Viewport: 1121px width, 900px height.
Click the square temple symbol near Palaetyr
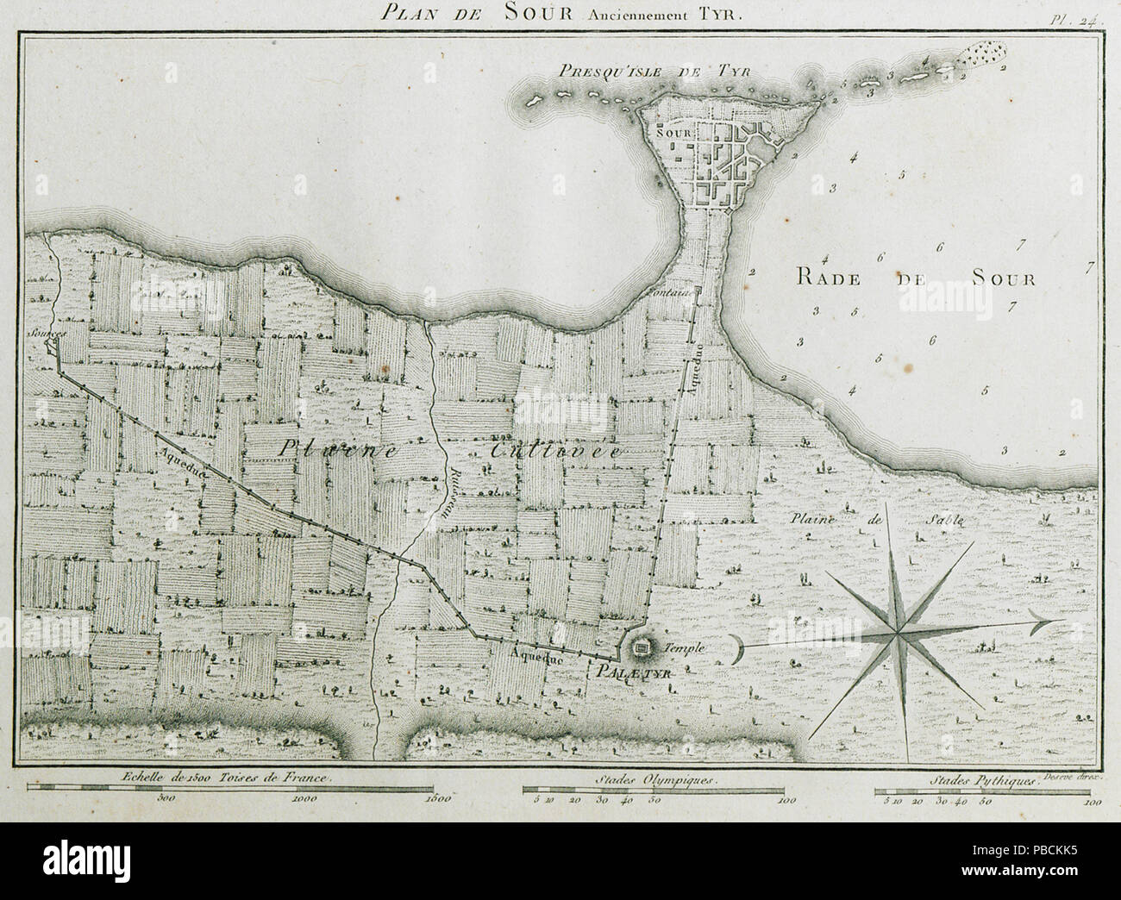[642, 647]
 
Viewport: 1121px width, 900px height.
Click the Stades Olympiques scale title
[655, 778]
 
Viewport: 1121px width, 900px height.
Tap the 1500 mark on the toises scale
[437, 798]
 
